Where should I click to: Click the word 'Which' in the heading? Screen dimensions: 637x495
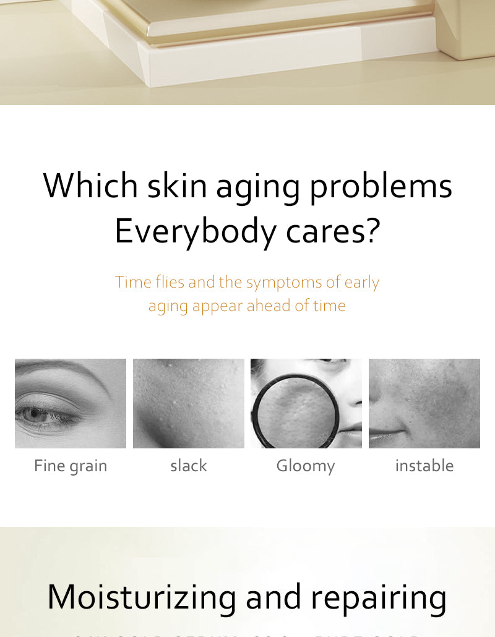[x=90, y=185]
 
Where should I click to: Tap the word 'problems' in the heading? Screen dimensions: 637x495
[x=381, y=186]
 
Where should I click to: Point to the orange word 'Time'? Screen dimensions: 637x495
[x=133, y=282]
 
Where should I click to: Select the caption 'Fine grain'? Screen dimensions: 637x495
[x=71, y=466]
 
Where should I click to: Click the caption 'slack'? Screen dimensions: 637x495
[x=189, y=466]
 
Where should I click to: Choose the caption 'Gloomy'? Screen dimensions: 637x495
[x=306, y=466]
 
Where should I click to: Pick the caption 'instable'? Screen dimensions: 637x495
[x=424, y=466]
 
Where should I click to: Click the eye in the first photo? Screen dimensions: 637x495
[x=37, y=414]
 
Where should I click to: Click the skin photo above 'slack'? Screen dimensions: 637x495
[x=189, y=403]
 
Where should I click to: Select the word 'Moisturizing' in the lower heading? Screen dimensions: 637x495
[x=142, y=598]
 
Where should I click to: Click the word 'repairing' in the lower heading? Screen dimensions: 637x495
[x=379, y=598]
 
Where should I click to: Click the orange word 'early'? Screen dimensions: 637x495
[x=362, y=283]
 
